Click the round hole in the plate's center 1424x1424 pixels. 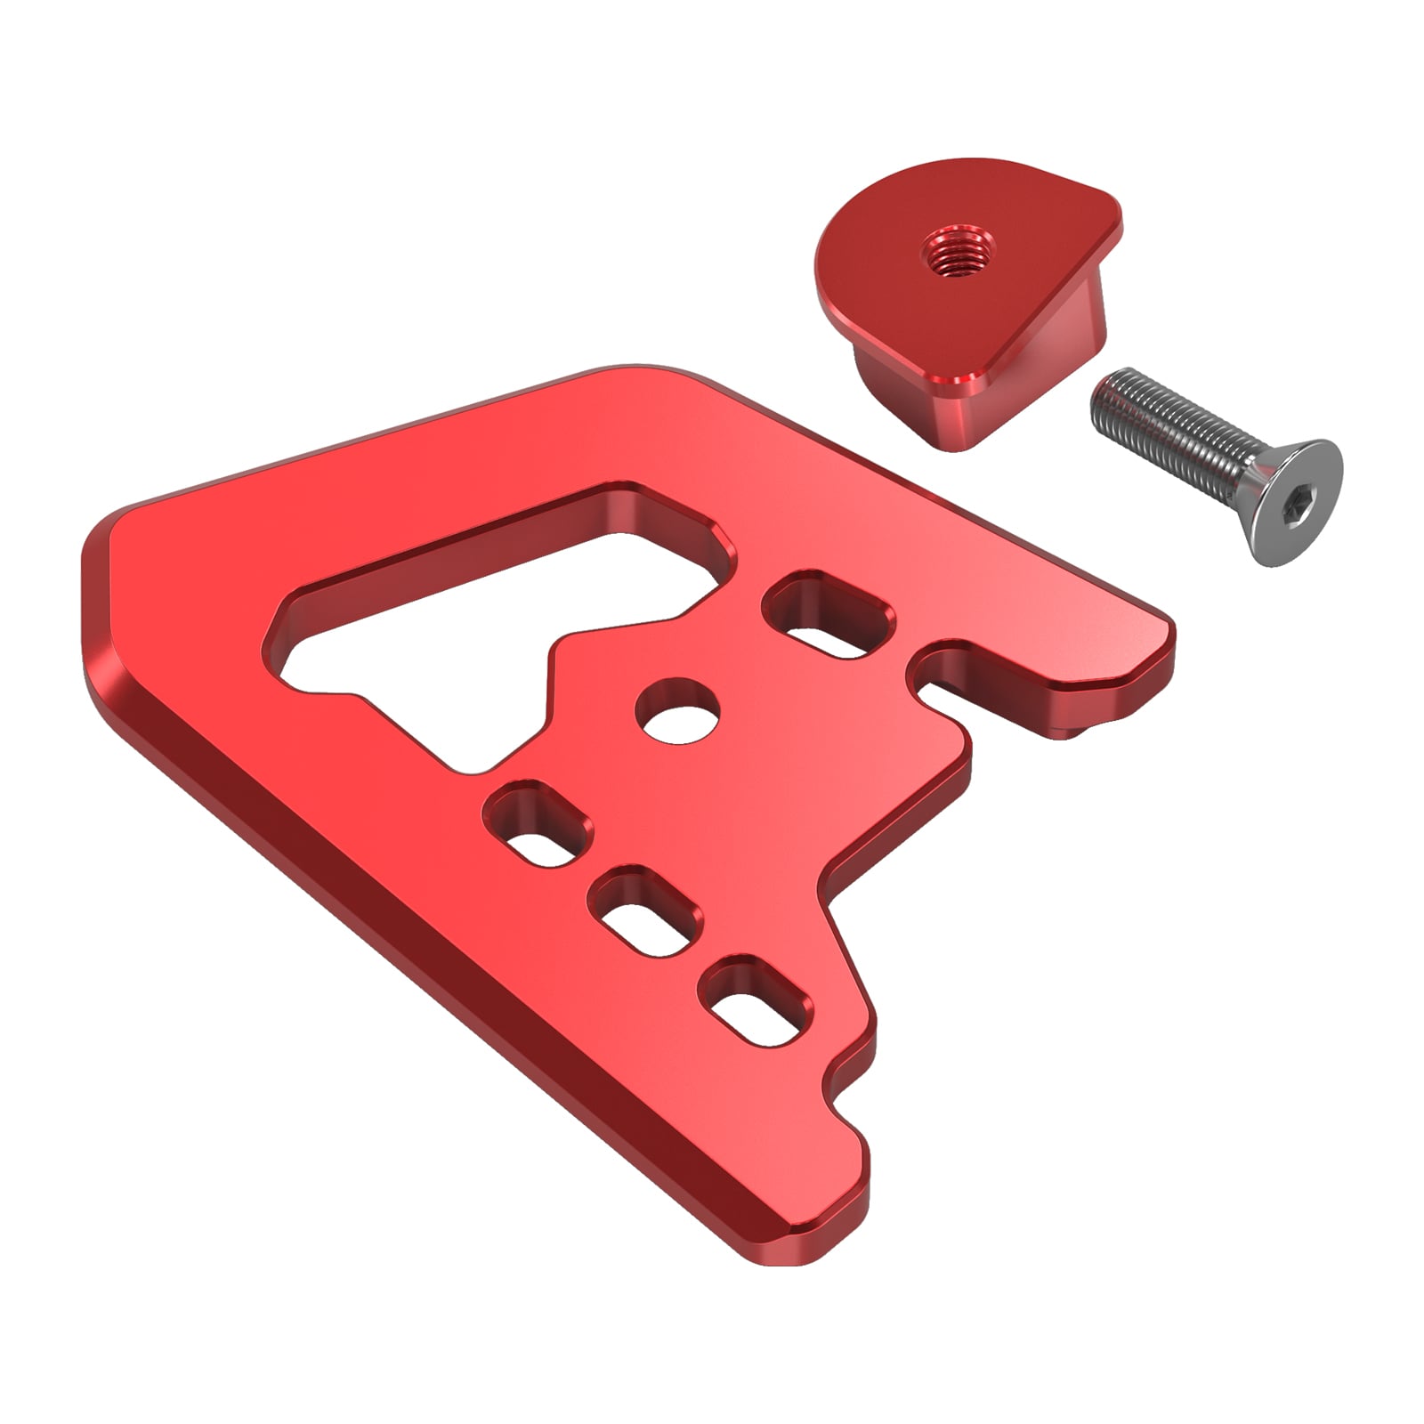click(x=678, y=713)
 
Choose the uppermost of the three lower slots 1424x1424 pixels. click(x=538, y=824)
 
